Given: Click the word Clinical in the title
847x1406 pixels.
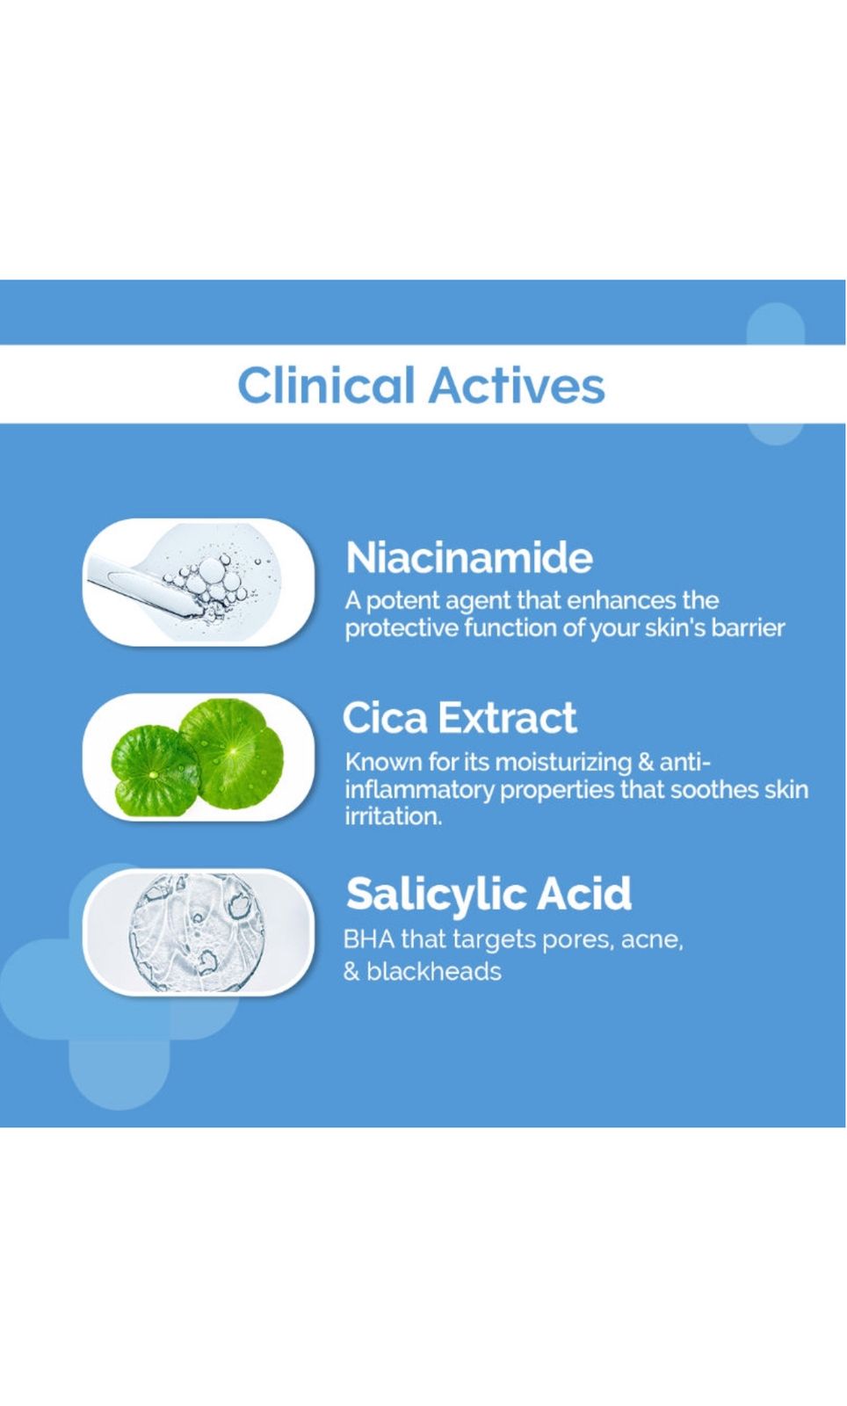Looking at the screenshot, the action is (x=326, y=385).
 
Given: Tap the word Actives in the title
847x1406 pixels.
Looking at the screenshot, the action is (x=517, y=385).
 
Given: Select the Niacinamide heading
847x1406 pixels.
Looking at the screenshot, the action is (x=469, y=557).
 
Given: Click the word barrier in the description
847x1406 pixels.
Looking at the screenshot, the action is (x=747, y=627).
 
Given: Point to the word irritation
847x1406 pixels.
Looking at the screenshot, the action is (x=394, y=816).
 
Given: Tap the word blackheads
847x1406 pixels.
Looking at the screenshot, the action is (x=433, y=972).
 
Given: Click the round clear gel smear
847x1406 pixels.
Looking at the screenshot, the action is (x=196, y=931).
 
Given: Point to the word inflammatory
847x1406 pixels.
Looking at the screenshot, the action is (x=419, y=790).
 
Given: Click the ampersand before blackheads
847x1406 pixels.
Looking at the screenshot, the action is (x=351, y=972).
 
